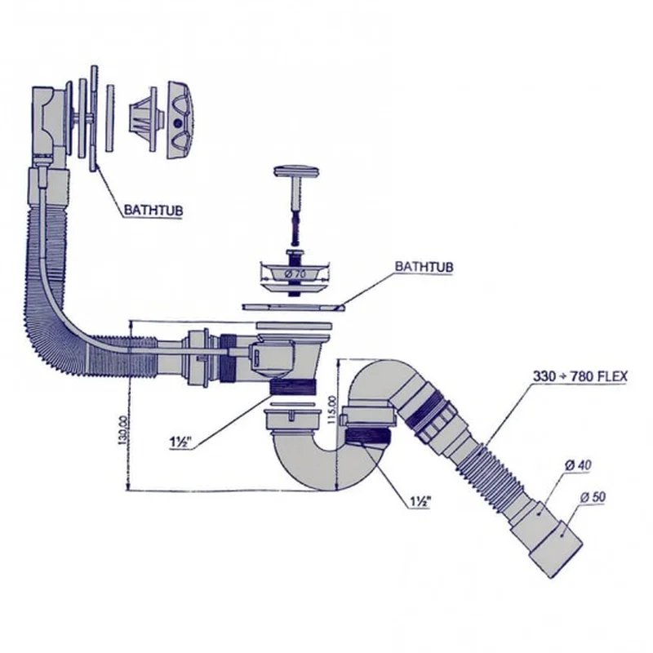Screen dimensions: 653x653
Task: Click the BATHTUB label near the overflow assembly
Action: tap(153, 211)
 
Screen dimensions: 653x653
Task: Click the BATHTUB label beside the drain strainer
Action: tap(424, 267)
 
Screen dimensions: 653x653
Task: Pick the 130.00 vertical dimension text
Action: tap(122, 430)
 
